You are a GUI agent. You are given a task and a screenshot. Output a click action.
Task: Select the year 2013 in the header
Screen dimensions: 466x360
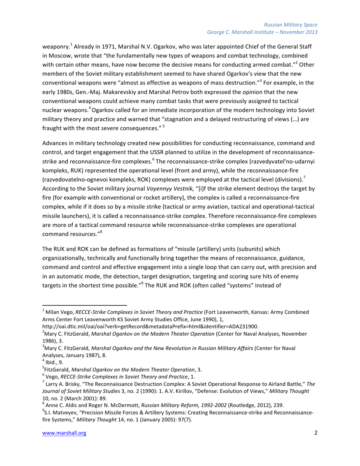click(311, 32)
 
